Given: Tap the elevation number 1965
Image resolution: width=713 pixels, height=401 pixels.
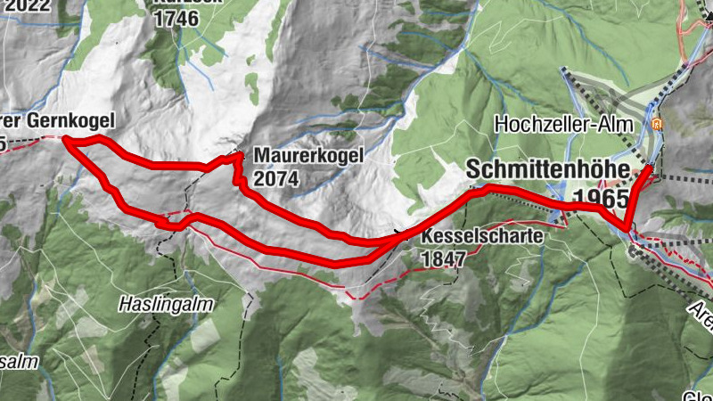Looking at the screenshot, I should pyautogui.click(x=602, y=197).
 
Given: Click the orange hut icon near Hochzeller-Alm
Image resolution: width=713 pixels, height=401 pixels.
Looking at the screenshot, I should pyautogui.click(x=658, y=125).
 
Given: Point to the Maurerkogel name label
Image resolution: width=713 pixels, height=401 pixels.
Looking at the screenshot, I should pyautogui.click(x=308, y=156).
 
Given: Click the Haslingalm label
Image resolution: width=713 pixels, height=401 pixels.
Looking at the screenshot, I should pyautogui.click(x=167, y=304).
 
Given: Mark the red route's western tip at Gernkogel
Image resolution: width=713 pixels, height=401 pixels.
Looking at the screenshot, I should pyautogui.click(x=65, y=139).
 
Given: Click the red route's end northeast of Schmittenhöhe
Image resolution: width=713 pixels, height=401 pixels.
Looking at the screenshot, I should pyautogui.click(x=652, y=167).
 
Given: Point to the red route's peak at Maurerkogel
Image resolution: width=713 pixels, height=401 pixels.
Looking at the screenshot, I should pyautogui.click(x=239, y=156).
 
